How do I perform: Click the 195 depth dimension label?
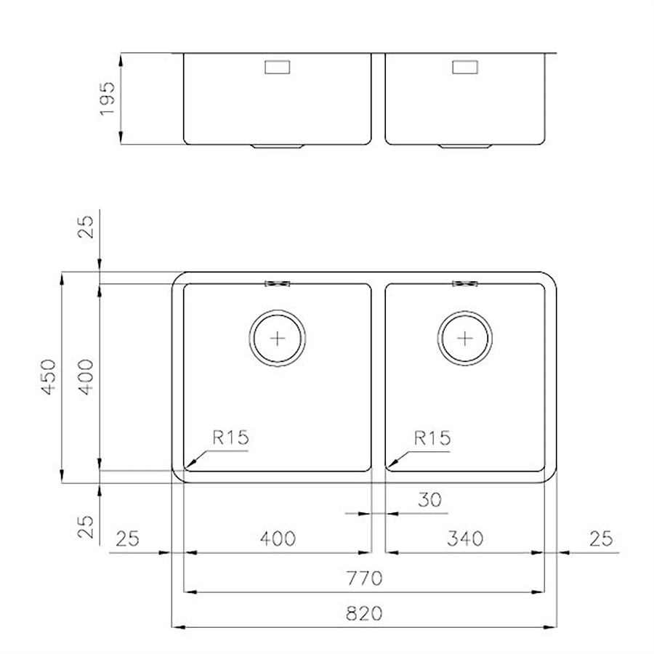click(108, 98)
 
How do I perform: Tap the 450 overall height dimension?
click(49, 376)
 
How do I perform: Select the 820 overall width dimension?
click(364, 613)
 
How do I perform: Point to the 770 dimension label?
click(364, 578)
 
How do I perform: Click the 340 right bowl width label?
click(465, 538)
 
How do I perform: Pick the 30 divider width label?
click(429, 499)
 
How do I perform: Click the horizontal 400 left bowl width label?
click(278, 538)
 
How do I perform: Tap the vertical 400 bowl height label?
click(86, 376)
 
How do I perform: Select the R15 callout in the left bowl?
click(230, 437)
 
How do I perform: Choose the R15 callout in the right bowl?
click(432, 438)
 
